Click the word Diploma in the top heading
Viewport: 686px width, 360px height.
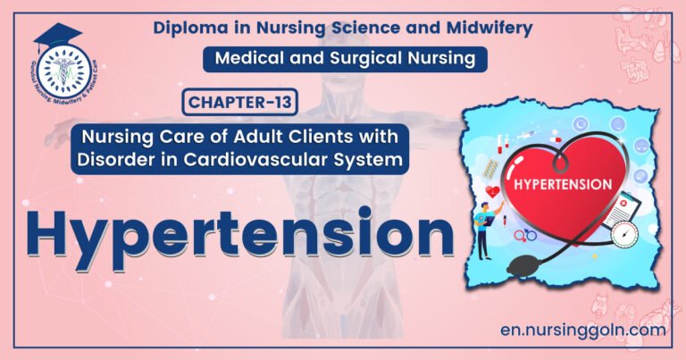tap(188, 28)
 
